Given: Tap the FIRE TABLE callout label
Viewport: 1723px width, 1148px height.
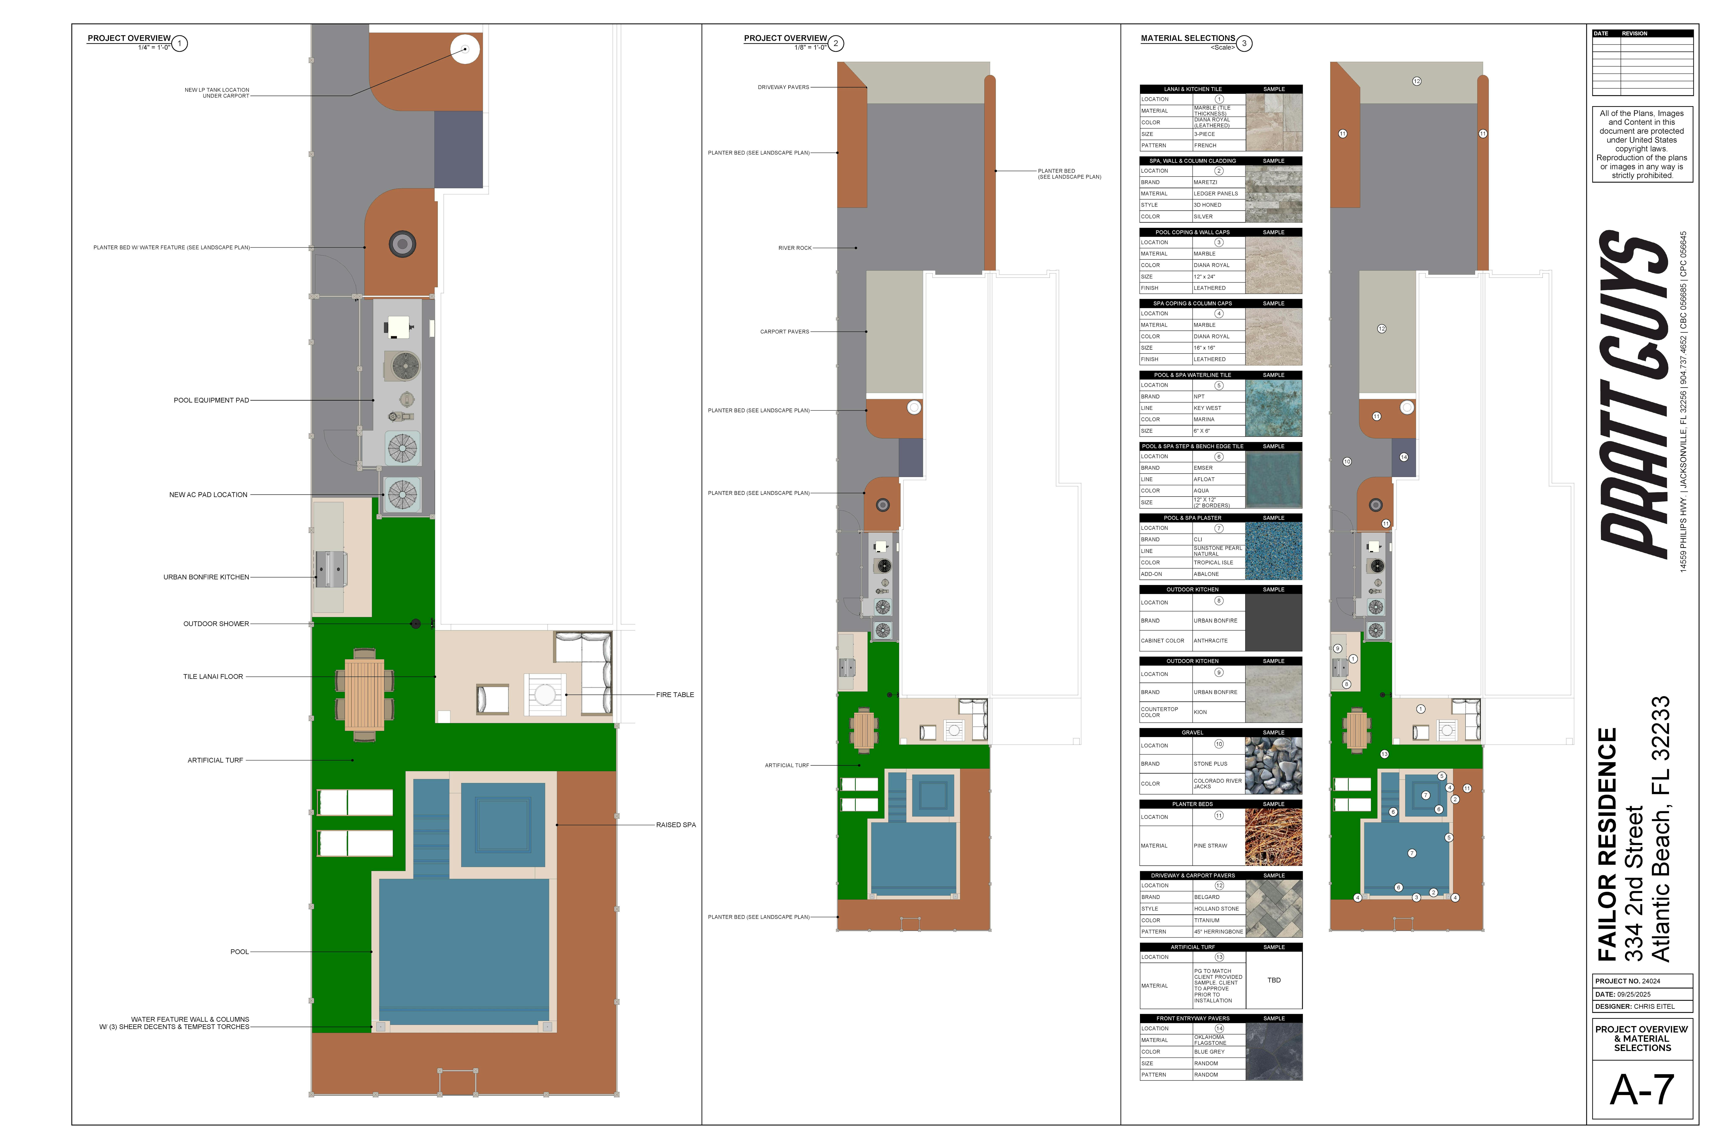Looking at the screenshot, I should coord(675,695).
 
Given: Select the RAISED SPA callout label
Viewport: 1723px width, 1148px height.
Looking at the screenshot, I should coord(675,825).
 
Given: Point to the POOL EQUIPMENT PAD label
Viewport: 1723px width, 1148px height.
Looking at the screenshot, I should coord(211,400).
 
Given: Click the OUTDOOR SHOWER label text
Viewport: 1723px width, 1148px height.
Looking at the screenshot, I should coord(216,624).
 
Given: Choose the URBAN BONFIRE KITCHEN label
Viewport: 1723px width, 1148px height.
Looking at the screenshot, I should coord(206,577).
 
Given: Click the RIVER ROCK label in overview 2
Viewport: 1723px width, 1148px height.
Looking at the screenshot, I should coord(795,248).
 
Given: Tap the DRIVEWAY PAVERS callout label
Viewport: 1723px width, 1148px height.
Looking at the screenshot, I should coord(783,87).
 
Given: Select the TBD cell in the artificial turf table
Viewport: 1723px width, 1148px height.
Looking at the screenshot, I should coord(1274,980).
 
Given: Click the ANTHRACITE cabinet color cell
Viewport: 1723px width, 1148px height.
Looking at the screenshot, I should coord(1211,641).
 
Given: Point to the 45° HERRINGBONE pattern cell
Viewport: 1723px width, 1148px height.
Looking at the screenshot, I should coord(1218,932).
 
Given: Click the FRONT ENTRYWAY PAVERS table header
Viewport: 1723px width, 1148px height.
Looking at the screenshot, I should coord(1193,1019).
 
